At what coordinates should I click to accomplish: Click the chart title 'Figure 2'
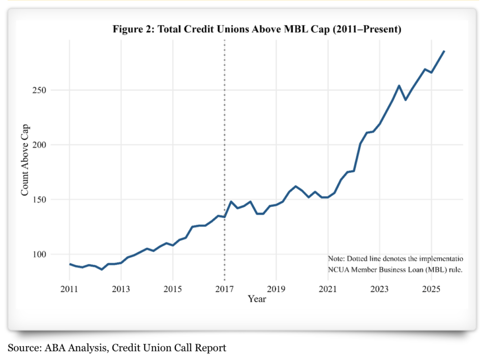pos(257,30)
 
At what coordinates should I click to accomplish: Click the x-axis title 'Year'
pos(257,299)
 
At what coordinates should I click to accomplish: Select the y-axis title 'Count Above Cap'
pos(25,160)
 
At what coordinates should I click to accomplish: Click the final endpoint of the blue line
pos(444,51)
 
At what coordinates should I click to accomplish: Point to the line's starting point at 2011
pos(70,264)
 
